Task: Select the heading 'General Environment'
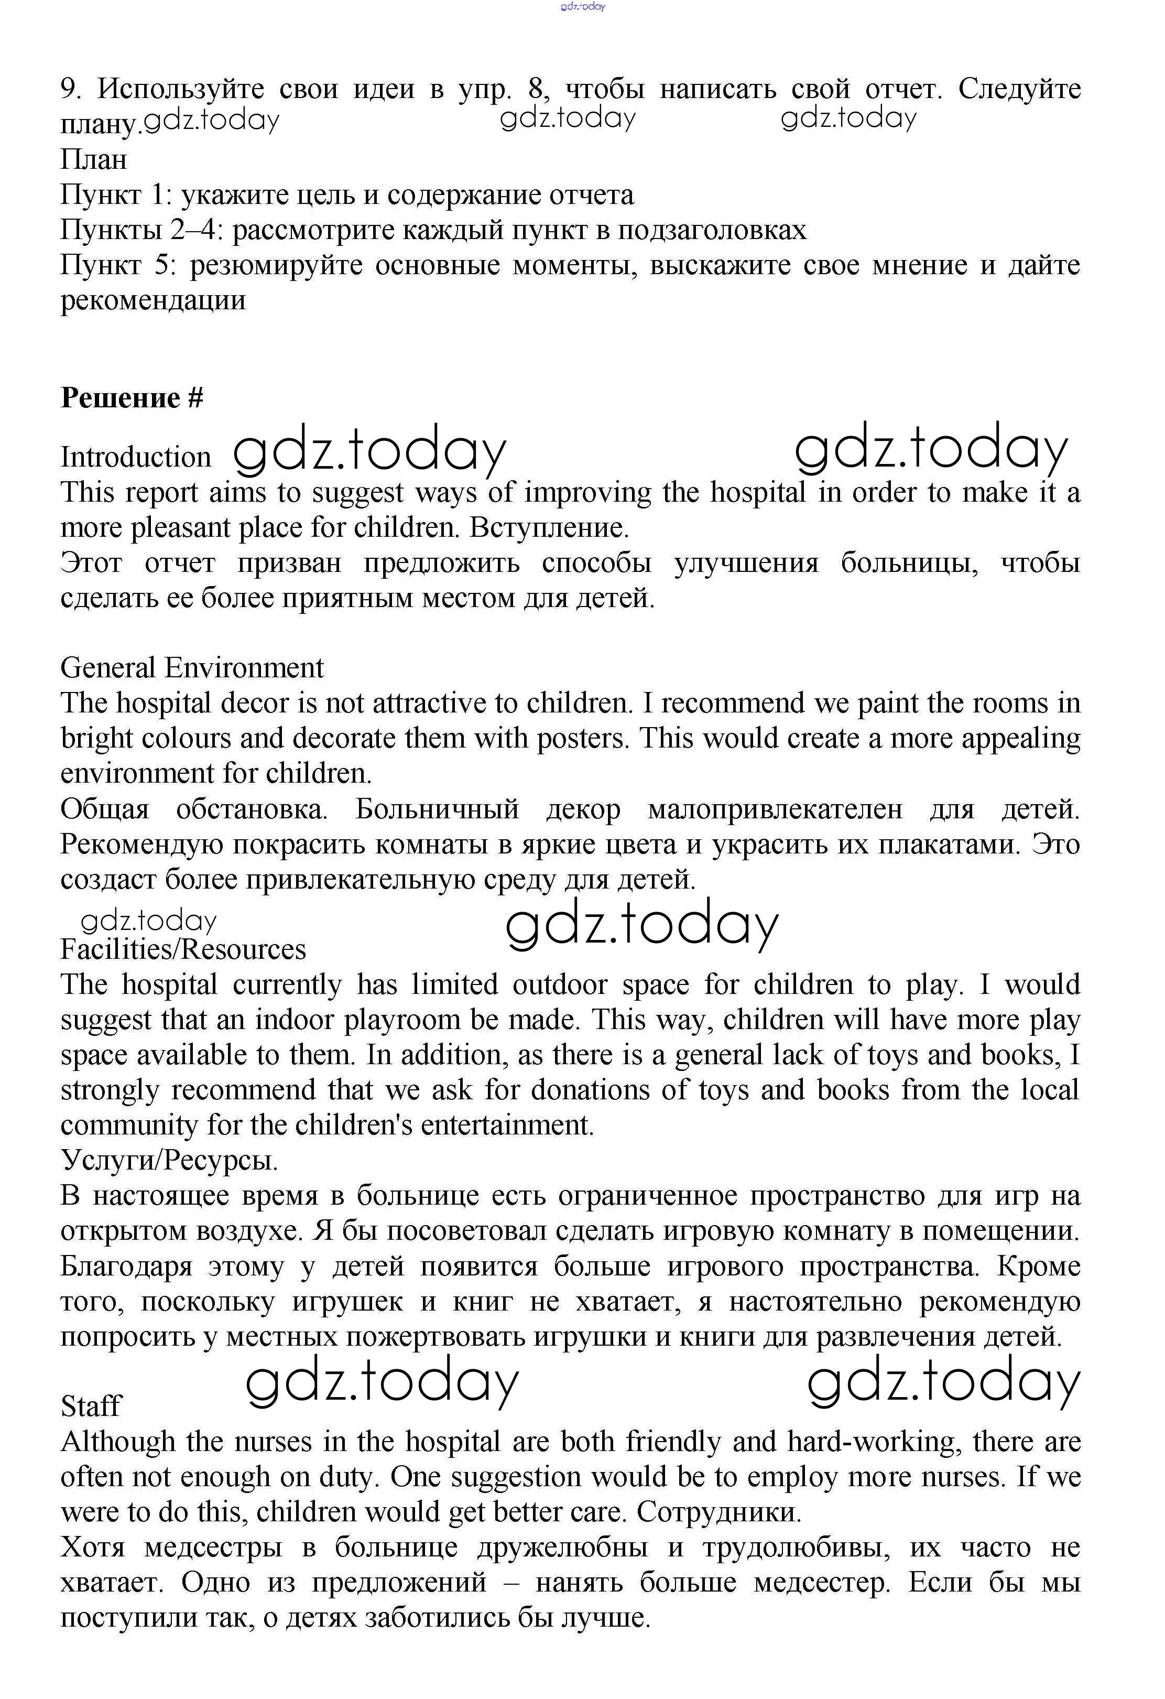(191, 667)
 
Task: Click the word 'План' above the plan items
(94, 159)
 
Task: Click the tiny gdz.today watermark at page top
(583, 7)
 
